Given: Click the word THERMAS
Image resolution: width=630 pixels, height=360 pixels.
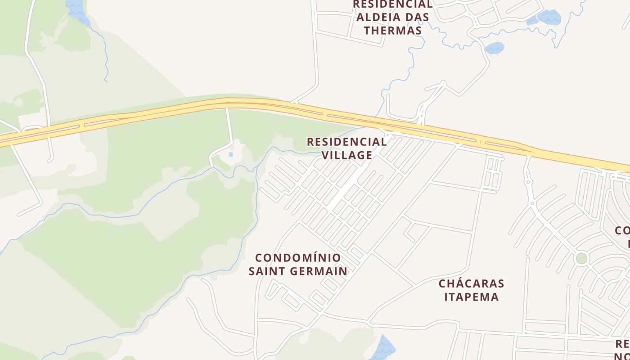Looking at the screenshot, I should tap(393, 31).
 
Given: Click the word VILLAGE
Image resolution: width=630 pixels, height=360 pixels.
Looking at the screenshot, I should tap(347, 155).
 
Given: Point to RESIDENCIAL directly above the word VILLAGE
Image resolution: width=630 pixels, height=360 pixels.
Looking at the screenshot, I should tap(346, 142).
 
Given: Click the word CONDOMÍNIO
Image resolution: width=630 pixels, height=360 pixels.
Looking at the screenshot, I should tap(298, 258).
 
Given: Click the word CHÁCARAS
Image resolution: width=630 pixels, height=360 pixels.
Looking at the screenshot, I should tap(472, 283).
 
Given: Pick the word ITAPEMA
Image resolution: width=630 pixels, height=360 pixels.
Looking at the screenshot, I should tap(472, 297).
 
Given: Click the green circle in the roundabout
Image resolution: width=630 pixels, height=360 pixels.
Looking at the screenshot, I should tap(581, 258).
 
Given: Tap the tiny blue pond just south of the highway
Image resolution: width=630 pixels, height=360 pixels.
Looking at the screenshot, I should tap(231, 154).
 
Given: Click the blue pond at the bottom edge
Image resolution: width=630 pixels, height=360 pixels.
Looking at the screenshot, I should tap(384, 347).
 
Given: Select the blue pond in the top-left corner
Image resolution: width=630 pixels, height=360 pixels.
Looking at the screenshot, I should tap(76, 9).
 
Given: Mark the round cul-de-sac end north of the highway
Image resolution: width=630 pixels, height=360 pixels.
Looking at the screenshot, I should tap(443, 83).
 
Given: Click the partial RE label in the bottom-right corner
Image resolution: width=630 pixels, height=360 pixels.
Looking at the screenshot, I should tap(622, 344).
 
